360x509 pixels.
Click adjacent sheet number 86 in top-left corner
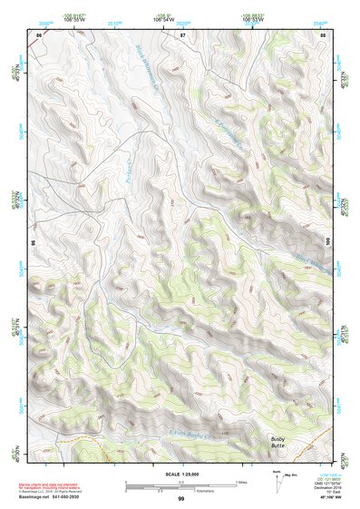[x=39, y=34]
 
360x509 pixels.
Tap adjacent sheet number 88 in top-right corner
[x=322, y=34]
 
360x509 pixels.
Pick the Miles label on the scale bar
[x=241, y=482]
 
